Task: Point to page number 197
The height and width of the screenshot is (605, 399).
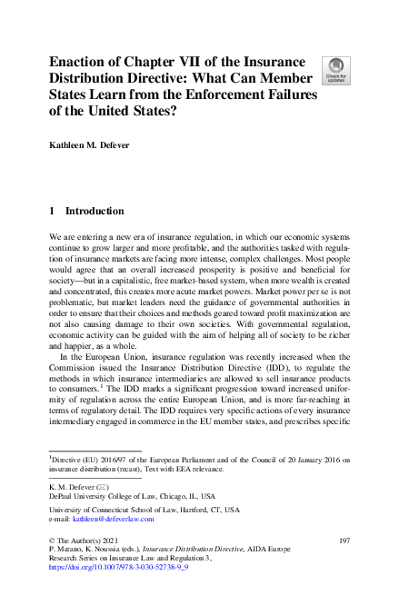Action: tap(344, 541)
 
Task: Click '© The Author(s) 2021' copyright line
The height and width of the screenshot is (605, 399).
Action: tap(86, 541)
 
